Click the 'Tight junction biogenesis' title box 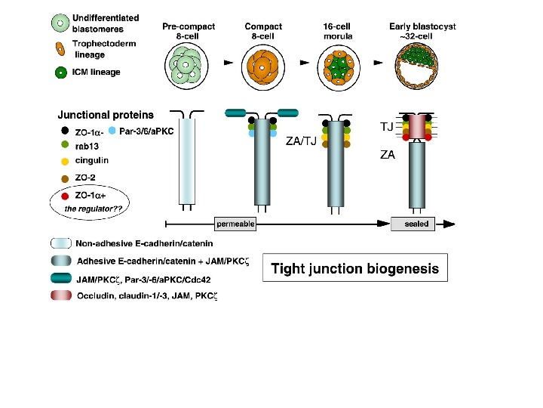coord(354,268)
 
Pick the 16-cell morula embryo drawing coord(336,66)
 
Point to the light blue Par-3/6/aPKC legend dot coord(112,131)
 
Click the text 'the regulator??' coord(90,208)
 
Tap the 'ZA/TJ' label coord(302,140)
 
